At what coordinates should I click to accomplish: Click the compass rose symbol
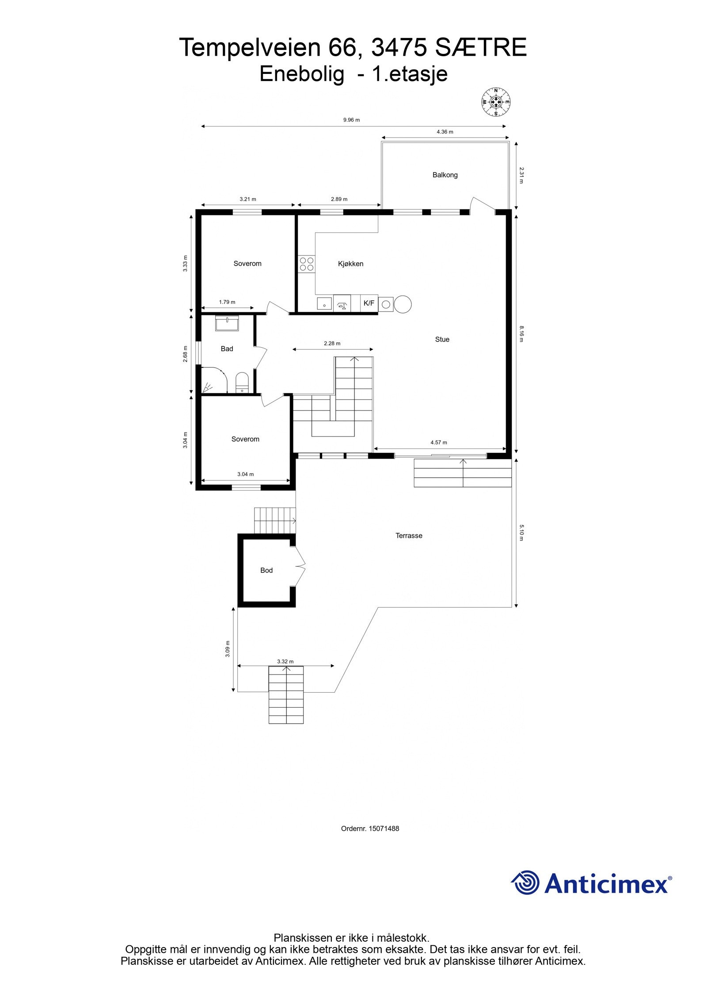click(x=496, y=103)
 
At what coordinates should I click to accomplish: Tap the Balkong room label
click(x=445, y=175)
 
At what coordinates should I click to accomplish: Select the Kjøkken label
click(x=350, y=264)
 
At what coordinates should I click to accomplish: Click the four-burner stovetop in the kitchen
click(x=307, y=264)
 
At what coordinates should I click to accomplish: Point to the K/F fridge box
click(x=369, y=303)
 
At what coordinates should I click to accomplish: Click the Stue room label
click(x=442, y=339)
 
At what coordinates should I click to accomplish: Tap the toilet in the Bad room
click(x=242, y=382)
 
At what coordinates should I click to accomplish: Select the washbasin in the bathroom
click(x=227, y=323)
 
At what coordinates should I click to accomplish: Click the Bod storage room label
click(x=266, y=570)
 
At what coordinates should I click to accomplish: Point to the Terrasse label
click(x=409, y=536)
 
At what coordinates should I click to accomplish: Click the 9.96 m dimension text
click(x=351, y=120)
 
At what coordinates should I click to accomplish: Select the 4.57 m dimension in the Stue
click(x=439, y=442)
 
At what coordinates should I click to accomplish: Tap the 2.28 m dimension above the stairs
click(x=332, y=343)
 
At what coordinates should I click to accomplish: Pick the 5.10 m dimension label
click(x=521, y=533)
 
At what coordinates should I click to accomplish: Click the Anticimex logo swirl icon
click(x=526, y=882)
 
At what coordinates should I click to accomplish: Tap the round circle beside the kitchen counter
click(x=403, y=304)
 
